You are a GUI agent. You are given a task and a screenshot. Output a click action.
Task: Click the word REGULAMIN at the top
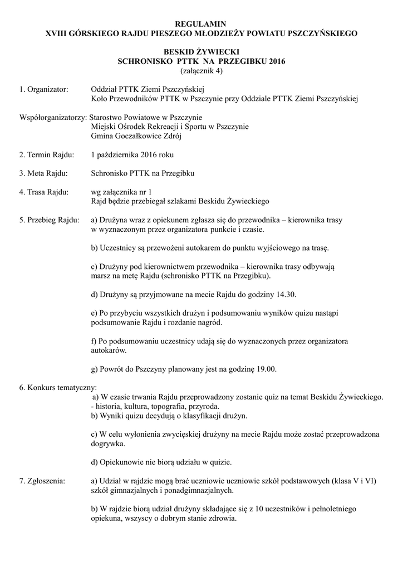(x=201, y=24)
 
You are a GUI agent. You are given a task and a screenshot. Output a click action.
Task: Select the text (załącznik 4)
(x=201, y=71)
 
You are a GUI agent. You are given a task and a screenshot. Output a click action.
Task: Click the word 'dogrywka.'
(x=108, y=443)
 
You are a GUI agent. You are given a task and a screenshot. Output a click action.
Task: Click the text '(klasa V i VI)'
(x=352, y=481)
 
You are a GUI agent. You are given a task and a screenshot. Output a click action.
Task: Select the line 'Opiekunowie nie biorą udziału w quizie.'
(x=161, y=462)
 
